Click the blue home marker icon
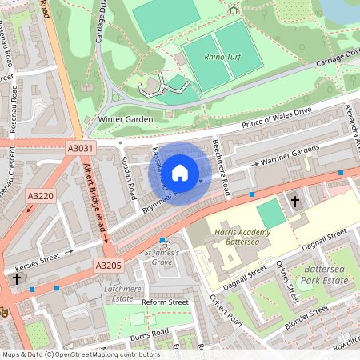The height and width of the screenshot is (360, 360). [x=180, y=172]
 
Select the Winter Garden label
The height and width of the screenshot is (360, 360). [x=125, y=119]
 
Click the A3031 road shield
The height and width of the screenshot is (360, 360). [x=80, y=148]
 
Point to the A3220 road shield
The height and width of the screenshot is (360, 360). [x=40, y=195]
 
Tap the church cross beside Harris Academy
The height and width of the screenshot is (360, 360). [x=295, y=202]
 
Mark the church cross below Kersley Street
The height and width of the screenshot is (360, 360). [x=17, y=279]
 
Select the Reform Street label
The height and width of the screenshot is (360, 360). [x=165, y=302]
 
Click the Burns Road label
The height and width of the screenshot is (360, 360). [x=151, y=331]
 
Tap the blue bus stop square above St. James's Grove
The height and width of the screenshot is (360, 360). [x=162, y=240]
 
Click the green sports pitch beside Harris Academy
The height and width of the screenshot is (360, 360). [x=271, y=214]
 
